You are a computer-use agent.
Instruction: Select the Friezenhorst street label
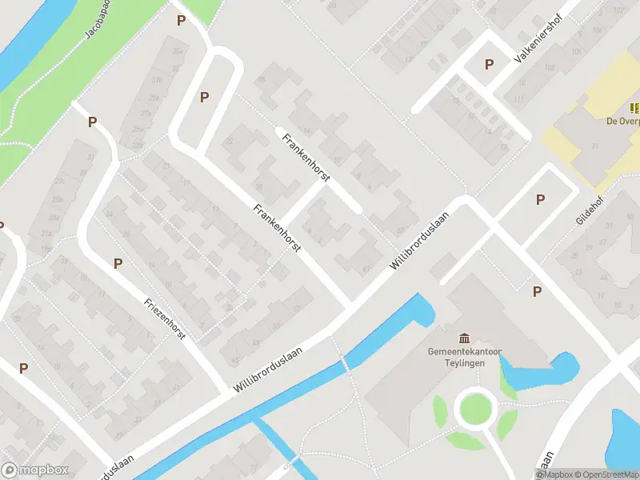tap(165, 318)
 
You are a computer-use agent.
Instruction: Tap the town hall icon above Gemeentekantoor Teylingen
tap(465, 338)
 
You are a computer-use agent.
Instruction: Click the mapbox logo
tap(35, 470)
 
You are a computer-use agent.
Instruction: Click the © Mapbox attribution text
tap(554, 474)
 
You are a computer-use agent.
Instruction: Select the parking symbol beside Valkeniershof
tap(489, 65)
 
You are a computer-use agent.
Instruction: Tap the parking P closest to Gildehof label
tap(540, 199)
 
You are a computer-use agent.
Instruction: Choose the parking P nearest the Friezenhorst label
tap(118, 263)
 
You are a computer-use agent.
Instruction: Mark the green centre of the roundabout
tap(474, 408)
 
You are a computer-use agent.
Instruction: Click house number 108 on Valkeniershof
tap(550, 68)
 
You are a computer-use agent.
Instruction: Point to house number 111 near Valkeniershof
tap(520, 98)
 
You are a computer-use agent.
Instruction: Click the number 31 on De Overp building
tap(595, 146)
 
